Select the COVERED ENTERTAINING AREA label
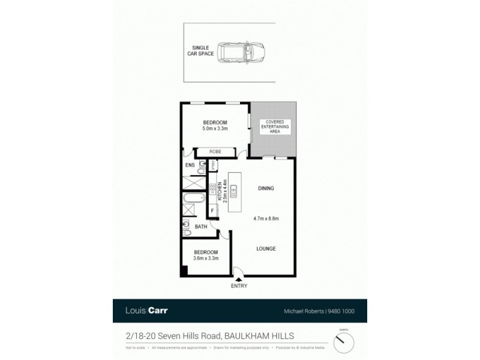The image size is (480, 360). [x=273, y=127]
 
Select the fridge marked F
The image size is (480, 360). [x=212, y=211]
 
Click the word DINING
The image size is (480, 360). [x=266, y=188]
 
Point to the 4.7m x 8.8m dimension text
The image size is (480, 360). [x=266, y=218]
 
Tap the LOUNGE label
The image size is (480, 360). [x=266, y=248]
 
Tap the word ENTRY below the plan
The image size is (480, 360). [x=239, y=286]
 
